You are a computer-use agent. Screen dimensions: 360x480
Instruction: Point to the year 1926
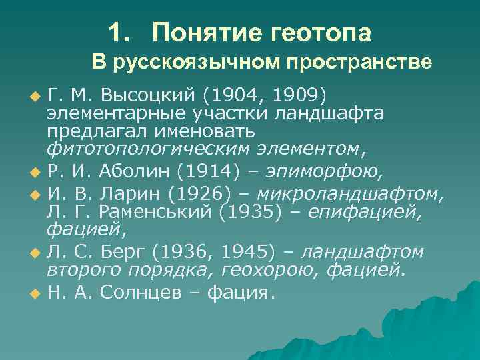(x=207, y=195)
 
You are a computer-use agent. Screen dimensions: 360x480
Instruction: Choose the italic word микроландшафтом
(x=349, y=195)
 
